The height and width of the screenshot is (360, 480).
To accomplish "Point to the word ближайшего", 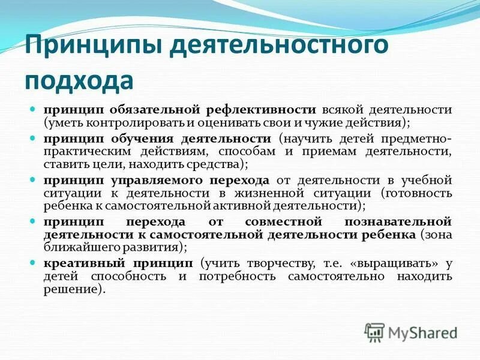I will tap(80, 247).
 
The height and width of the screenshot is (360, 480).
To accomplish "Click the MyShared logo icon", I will tap(374, 332).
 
